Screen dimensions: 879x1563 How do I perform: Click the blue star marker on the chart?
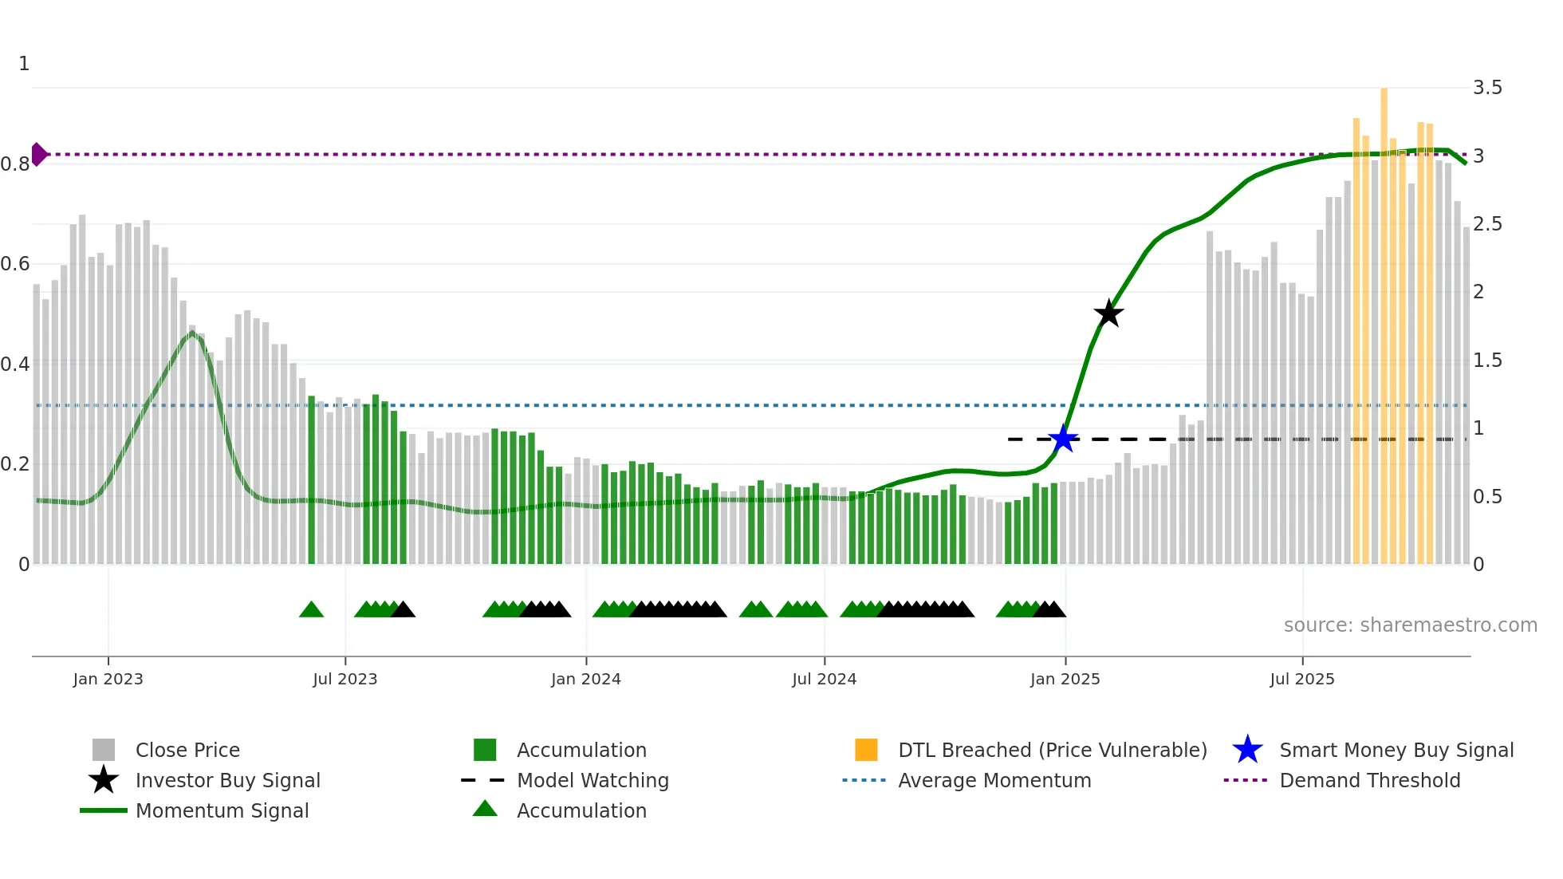[1063, 439]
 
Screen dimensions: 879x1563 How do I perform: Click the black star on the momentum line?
[1108, 313]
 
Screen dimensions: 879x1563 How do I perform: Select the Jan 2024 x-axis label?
[585, 679]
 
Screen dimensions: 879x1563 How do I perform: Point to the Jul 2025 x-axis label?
[1301, 679]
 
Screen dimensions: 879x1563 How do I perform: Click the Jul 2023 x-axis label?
[344, 679]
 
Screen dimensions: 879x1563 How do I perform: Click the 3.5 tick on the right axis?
[1487, 88]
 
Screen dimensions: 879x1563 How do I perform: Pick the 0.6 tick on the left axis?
[15, 264]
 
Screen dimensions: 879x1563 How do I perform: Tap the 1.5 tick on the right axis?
[1487, 361]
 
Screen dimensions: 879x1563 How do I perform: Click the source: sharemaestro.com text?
[1410, 625]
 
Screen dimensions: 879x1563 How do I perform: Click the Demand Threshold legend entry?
[1369, 780]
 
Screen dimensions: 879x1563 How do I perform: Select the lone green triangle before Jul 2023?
[311, 610]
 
